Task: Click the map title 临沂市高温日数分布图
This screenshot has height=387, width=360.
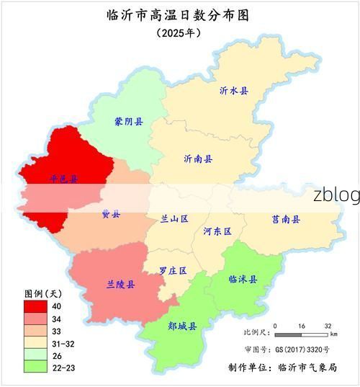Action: (x=181, y=15)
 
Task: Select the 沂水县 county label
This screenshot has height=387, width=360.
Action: (x=234, y=91)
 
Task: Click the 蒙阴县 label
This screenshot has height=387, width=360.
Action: (x=129, y=122)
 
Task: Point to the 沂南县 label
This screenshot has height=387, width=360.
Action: (x=198, y=159)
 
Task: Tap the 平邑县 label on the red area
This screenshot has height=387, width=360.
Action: (x=64, y=178)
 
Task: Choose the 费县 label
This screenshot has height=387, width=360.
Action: (x=111, y=214)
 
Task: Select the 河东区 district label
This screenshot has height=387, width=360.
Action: (x=217, y=231)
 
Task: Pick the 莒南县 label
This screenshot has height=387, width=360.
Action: (x=286, y=219)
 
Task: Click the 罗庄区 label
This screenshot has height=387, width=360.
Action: (x=173, y=271)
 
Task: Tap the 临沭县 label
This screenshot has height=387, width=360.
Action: (x=243, y=279)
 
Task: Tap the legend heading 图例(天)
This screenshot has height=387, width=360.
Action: (x=44, y=294)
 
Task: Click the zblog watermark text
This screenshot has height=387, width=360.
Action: (x=336, y=195)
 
